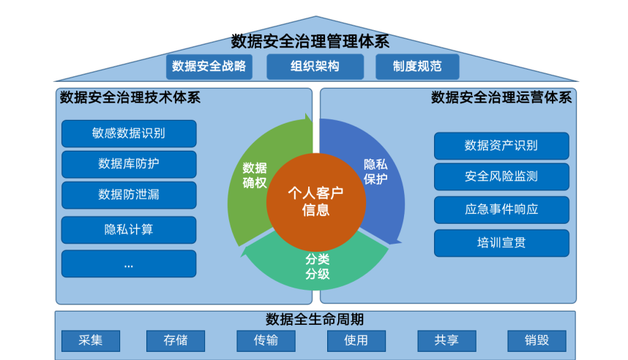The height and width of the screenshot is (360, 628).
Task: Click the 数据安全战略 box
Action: click(x=209, y=67)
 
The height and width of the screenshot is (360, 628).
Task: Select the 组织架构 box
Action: click(x=315, y=67)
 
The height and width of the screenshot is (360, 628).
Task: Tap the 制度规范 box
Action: click(x=417, y=67)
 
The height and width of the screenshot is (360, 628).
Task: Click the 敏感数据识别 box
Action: click(x=129, y=133)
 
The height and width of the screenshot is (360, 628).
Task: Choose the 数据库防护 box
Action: click(x=129, y=164)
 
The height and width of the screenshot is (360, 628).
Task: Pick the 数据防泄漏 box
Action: click(x=129, y=195)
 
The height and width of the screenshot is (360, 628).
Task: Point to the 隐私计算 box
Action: click(x=129, y=230)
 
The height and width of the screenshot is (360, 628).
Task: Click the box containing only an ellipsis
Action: click(x=129, y=264)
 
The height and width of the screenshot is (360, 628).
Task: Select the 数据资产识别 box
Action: click(x=501, y=146)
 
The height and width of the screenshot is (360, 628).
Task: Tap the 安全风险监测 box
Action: click(x=501, y=176)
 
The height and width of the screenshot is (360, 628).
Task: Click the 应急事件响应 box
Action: click(x=501, y=209)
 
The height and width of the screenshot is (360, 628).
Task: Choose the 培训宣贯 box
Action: click(x=501, y=243)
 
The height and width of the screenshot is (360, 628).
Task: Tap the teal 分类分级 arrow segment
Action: click(x=317, y=267)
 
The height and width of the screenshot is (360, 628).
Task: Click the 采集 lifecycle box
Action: click(x=91, y=340)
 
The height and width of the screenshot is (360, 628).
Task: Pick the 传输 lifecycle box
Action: click(x=266, y=340)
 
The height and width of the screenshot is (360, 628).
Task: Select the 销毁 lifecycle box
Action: click(x=537, y=340)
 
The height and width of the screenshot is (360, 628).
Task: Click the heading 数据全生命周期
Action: click(x=315, y=320)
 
